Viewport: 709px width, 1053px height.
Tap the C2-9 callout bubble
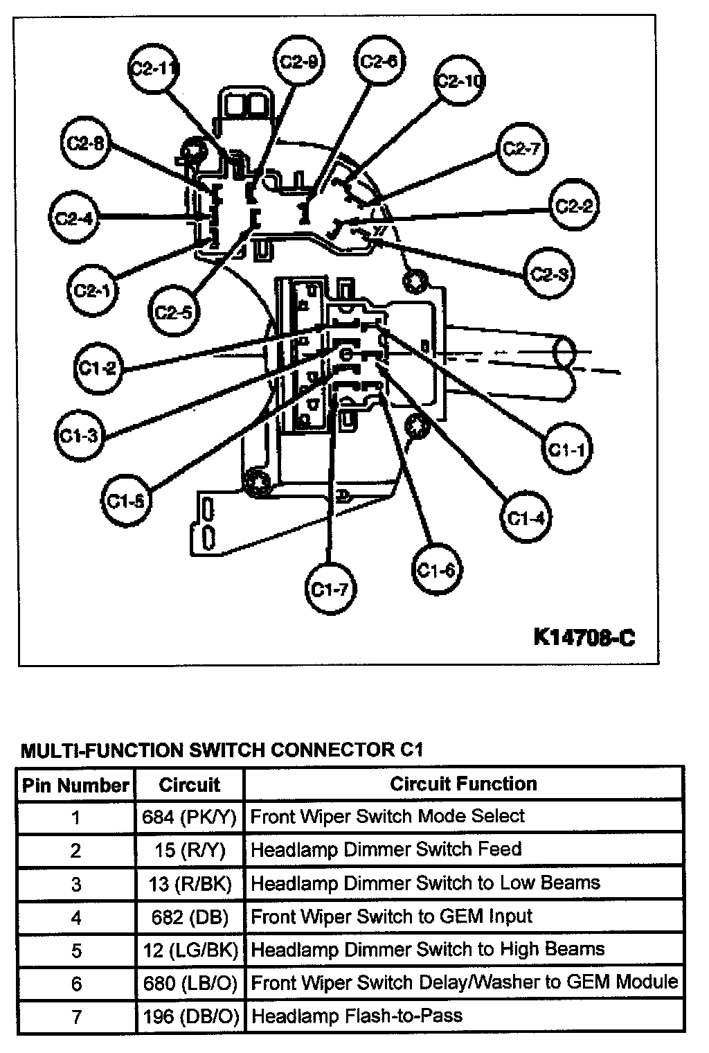[299, 62]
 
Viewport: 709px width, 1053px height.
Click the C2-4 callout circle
[74, 218]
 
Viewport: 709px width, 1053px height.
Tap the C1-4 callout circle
[526, 517]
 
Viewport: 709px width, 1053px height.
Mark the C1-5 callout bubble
[127, 500]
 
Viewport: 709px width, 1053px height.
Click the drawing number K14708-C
[584, 636]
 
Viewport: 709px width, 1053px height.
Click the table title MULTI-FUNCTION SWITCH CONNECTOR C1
[222, 750]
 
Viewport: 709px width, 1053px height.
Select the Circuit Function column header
[463, 784]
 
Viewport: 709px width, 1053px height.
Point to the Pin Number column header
[75, 785]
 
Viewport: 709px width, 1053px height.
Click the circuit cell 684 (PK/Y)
[190, 817]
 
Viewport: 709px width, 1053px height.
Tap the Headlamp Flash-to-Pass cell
[357, 1016]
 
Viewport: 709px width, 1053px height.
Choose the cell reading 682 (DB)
[190, 917]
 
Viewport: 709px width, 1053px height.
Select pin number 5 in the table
[76, 950]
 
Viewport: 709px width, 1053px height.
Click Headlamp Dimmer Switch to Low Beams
[425, 883]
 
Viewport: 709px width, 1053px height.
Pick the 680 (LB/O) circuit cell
[190, 983]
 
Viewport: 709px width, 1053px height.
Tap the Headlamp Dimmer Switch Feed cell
[386, 849]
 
